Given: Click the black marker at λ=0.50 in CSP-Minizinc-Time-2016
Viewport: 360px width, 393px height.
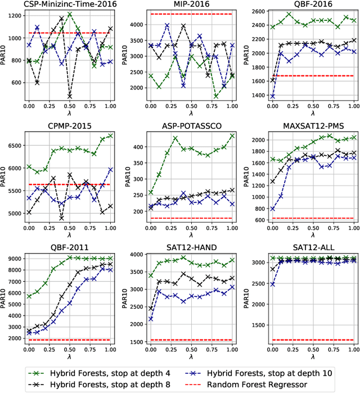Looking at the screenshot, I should (69, 96).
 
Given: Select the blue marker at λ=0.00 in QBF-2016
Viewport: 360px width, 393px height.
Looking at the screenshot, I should (273, 96).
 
